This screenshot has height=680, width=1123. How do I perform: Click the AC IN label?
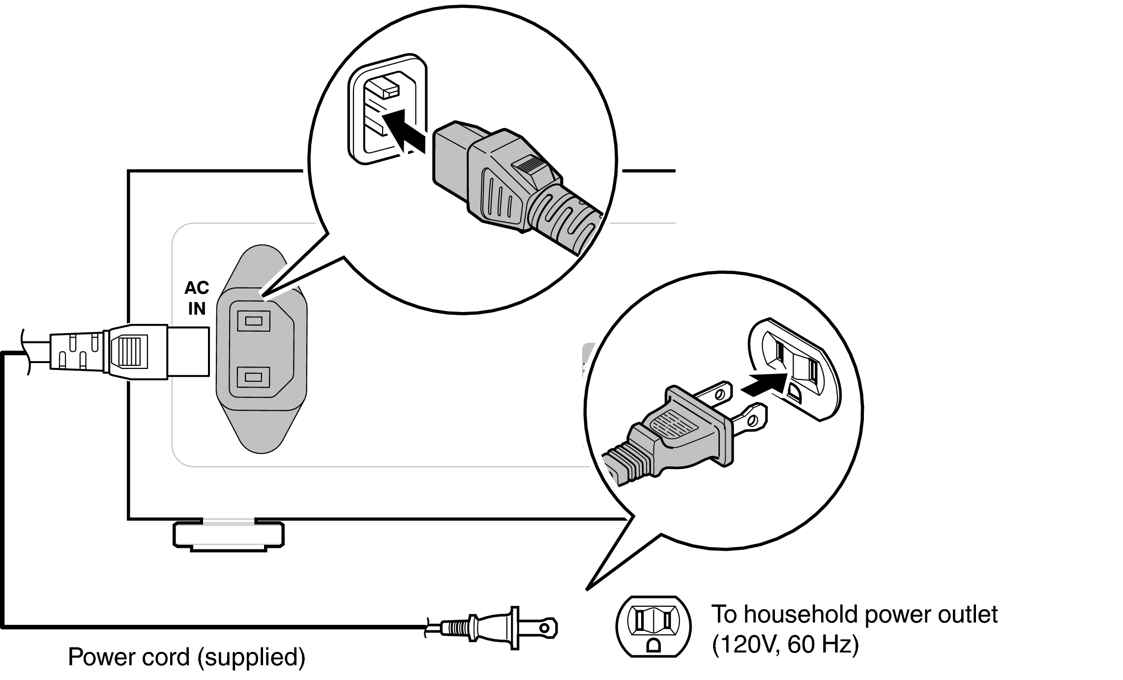197,298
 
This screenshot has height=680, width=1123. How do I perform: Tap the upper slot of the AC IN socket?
253,322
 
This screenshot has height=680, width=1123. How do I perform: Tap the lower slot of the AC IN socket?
253,377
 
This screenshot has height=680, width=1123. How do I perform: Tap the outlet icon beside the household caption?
653,626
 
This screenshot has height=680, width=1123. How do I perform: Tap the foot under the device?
229,536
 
